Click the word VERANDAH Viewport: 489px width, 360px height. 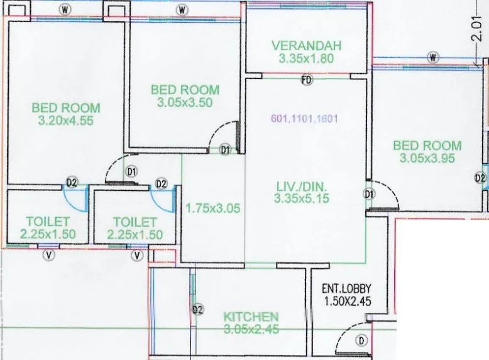tap(306, 46)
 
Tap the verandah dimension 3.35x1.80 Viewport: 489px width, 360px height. tap(306, 59)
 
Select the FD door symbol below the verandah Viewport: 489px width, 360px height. tap(307, 80)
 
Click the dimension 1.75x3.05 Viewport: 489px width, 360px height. tap(213, 209)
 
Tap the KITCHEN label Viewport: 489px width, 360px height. tap(251, 316)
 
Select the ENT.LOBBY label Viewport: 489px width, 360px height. tap(346, 289)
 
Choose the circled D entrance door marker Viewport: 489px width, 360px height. tap(361, 341)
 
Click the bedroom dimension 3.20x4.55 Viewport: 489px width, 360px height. tap(66, 121)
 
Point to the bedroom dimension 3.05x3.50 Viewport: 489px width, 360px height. tap(185, 103)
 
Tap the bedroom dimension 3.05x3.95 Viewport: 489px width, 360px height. tap(427, 158)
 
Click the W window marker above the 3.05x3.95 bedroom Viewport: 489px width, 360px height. tap(433, 58)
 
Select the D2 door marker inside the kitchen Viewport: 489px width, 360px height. tap(198, 310)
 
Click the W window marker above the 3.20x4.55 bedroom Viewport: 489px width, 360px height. tap(65, 9)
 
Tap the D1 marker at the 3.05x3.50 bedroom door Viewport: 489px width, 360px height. tap(226, 150)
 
